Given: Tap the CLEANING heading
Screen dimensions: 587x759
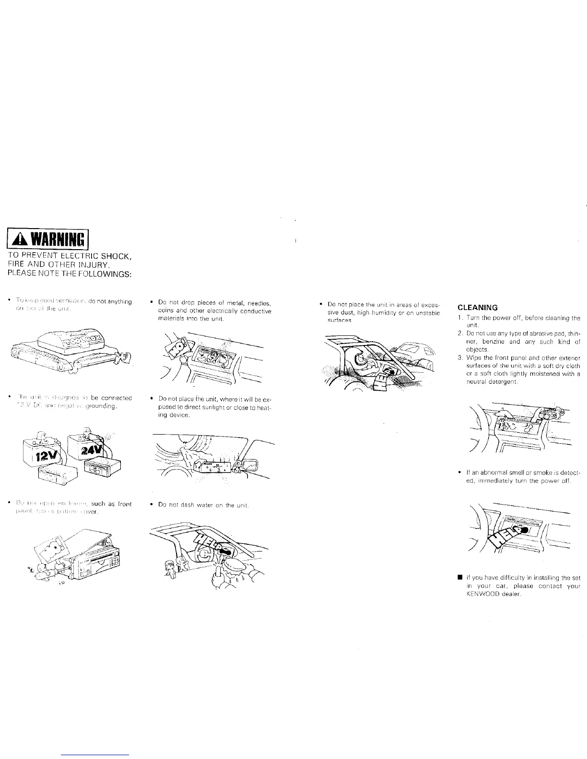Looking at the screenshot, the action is tap(478, 308).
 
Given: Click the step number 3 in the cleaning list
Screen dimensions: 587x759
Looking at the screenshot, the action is tap(459, 357).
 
